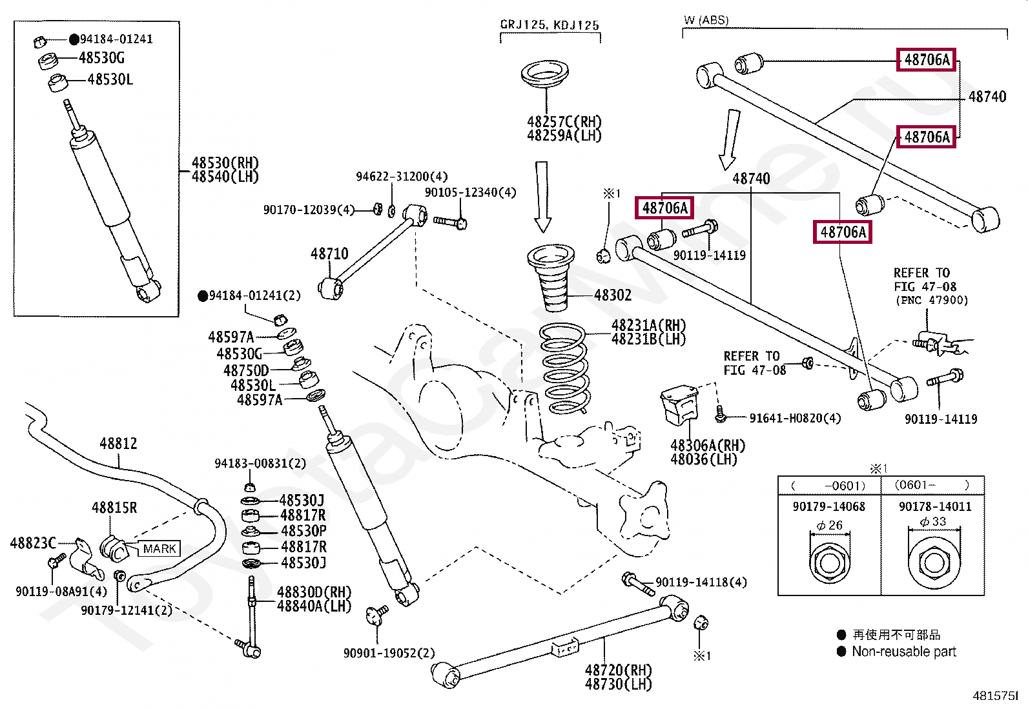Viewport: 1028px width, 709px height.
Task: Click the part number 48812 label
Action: point(118,443)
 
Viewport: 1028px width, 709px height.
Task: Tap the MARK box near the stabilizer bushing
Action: point(159,548)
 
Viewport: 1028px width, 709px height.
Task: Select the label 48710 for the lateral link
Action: point(329,254)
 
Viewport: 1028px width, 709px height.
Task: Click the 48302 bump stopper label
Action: point(613,295)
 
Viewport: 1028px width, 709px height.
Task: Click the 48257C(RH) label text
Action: point(564,121)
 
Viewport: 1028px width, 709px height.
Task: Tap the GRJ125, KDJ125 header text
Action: point(550,25)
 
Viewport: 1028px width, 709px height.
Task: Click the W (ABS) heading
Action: point(706,20)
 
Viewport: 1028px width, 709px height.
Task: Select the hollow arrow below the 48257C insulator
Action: point(542,197)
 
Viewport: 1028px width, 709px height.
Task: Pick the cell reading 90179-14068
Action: point(828,506)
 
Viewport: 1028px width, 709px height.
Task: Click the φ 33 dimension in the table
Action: point(933,521)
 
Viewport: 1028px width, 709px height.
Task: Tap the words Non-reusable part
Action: point(903,652)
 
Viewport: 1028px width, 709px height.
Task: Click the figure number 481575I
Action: point(995,695)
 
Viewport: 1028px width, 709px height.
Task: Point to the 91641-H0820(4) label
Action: point(795,418)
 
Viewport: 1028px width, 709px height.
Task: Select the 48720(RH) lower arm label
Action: point(618,670)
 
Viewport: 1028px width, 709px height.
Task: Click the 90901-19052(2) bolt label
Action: point(389,653)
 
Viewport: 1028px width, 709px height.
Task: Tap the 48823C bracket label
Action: point(33,543)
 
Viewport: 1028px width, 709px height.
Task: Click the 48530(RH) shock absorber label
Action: point(225,163)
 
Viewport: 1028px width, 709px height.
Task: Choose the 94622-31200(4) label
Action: point(402,176)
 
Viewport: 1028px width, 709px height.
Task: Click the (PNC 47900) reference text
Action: point(931,300)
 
